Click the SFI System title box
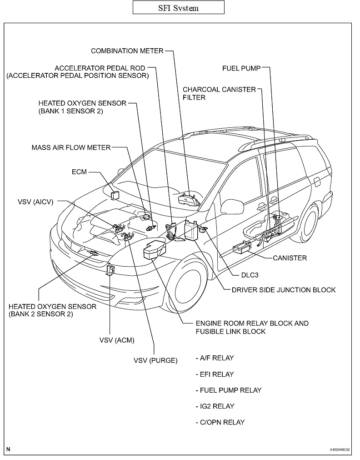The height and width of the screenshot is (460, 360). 178,8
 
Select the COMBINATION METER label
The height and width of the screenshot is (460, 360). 127,51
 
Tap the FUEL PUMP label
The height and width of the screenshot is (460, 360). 241,68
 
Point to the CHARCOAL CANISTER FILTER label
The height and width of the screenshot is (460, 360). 219,93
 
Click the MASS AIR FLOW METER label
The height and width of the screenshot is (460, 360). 71,147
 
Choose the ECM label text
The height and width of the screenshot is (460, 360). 79,172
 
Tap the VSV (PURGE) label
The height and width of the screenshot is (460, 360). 155,360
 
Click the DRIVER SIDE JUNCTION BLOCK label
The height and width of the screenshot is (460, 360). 283,289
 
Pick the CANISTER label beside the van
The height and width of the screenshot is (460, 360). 290,258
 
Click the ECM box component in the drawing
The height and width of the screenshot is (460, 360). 115,195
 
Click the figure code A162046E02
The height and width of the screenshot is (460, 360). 340,450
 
